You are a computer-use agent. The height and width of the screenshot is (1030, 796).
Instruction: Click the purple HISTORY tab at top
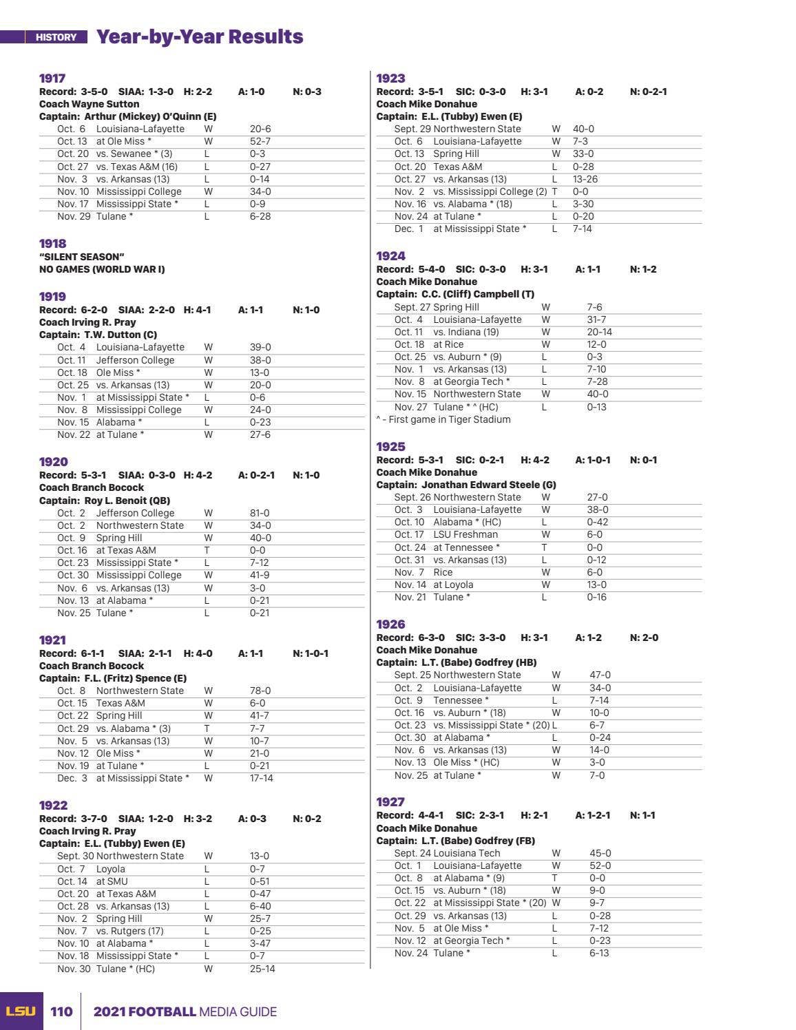click(x=56, y=37)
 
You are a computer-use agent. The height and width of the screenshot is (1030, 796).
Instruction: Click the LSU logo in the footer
click(x=21, y=1011)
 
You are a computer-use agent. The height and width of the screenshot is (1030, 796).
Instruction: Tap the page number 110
click(x=61, y=1011)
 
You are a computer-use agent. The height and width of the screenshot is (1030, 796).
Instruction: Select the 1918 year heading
click(x=52, y=244)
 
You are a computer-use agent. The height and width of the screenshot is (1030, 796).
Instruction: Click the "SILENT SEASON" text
click(x=81, y=257)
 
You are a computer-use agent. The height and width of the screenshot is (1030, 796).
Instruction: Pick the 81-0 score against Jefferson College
click(x=260, y=513)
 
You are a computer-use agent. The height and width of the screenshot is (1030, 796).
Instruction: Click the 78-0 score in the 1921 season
click(x=260, y=691)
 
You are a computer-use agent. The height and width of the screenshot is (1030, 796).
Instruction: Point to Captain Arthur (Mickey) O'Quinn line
click(x=127, y=116)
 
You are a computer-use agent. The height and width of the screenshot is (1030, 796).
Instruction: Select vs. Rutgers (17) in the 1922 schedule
click(x=129, y=931)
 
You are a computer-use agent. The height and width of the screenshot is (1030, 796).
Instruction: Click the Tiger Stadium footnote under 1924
click(x=443, y=419)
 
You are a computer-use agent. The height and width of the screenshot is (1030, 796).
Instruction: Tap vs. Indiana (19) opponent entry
click(x=465, y=332)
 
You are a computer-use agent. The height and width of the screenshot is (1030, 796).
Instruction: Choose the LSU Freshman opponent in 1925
click(x=465, y=534)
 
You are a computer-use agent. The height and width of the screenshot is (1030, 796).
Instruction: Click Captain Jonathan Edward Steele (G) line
click(x=465, y=485)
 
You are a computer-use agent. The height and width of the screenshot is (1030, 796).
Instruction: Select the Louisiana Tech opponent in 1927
click(x=466, y=853)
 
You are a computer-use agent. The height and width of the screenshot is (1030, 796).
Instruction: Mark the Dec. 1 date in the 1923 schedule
click(x=408, y=229)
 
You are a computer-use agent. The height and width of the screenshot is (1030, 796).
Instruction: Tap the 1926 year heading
click(x=390, y=624)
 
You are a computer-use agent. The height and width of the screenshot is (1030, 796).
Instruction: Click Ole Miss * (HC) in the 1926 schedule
click(x=465, y=762)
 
